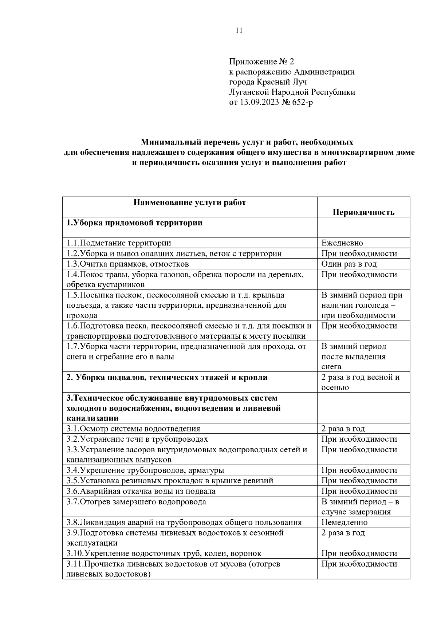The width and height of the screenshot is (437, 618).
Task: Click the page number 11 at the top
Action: coord(239,30)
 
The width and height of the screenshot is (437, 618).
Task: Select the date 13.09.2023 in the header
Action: coord(259,102)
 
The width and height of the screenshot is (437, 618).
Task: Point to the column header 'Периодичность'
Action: coord(363,212)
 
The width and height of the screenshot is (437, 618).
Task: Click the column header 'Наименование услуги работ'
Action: coord(189,202)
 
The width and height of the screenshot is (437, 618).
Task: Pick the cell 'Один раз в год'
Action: coord(349,264)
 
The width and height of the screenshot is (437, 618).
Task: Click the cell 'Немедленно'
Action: coord(344,522)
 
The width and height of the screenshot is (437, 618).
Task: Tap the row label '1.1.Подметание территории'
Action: coord(119,243)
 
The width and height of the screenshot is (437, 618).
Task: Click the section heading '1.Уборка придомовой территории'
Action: coord(134,223)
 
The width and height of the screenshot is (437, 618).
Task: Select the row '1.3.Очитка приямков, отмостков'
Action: coord(127,264)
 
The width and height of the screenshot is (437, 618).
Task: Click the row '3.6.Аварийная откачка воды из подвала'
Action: coord(141,491)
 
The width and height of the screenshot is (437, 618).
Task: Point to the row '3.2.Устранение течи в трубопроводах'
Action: coord(137,439)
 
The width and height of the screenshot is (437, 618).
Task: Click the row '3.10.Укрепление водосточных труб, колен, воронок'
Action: coord(164,554)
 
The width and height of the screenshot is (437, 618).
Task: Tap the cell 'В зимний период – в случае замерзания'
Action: coord(360,507)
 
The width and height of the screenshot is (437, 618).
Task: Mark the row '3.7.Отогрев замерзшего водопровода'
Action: coord(136,502)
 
